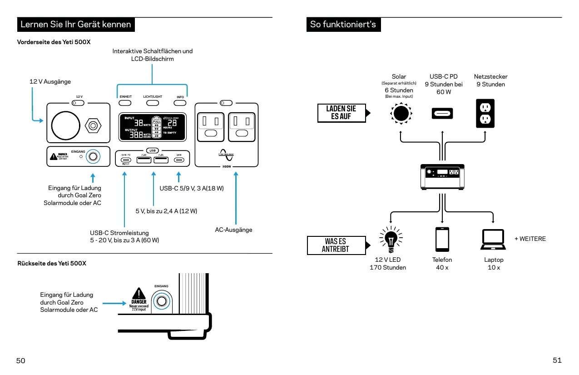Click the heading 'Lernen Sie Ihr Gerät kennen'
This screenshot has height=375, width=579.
point(75,25)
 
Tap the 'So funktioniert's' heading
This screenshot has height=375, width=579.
point(343,25)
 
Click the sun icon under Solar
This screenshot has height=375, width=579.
point(400,113)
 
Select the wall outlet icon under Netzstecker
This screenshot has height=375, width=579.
point(485,113)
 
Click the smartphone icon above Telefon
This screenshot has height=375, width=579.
point(442,239)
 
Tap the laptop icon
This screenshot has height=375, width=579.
point(493,240)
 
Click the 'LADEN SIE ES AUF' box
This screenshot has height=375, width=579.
point(341,113)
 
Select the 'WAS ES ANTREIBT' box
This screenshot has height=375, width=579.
point(336,245)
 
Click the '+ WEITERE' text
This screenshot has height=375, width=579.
point(530,239)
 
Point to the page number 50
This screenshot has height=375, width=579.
point(21,360)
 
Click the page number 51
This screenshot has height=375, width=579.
point(557,360)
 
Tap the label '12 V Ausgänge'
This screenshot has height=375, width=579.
point(50,81)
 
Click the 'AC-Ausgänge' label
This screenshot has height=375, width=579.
point(233,230)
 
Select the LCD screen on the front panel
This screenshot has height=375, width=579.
point(152,127)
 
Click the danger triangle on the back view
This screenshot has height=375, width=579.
point(139,294)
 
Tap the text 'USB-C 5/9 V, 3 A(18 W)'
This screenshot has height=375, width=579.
point(191,188)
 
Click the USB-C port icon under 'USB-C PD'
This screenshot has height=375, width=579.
point(442,114)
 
